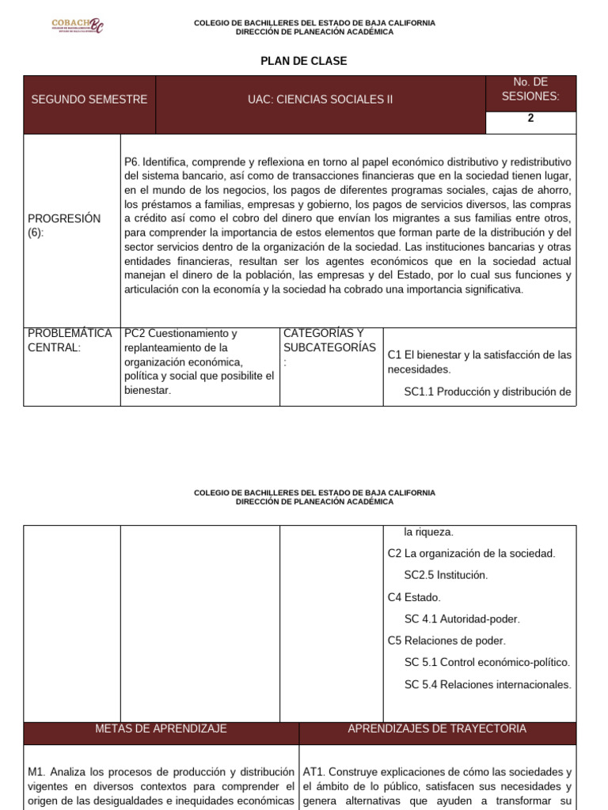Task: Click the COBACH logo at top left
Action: (77, 26)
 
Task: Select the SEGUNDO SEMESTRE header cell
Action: (89, 100)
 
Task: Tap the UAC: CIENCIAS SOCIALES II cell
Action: (320, 100)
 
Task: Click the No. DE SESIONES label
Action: (530, 89)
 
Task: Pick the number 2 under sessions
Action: (530, 119)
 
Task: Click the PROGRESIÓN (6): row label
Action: (64, 225)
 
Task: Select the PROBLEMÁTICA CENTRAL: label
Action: (70, 341)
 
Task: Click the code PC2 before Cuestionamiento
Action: (135, 333)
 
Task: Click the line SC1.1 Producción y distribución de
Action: (487, 391)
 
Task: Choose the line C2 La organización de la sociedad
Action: (471, 553)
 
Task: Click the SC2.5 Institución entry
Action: (446, 575)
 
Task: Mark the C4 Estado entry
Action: (414, 597)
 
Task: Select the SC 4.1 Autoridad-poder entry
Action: (462, 619)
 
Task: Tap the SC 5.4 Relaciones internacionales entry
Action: (487, 684)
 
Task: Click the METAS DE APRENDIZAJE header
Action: (161, 729)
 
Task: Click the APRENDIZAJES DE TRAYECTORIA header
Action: (437, 729)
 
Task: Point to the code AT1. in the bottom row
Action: (314, 771)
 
